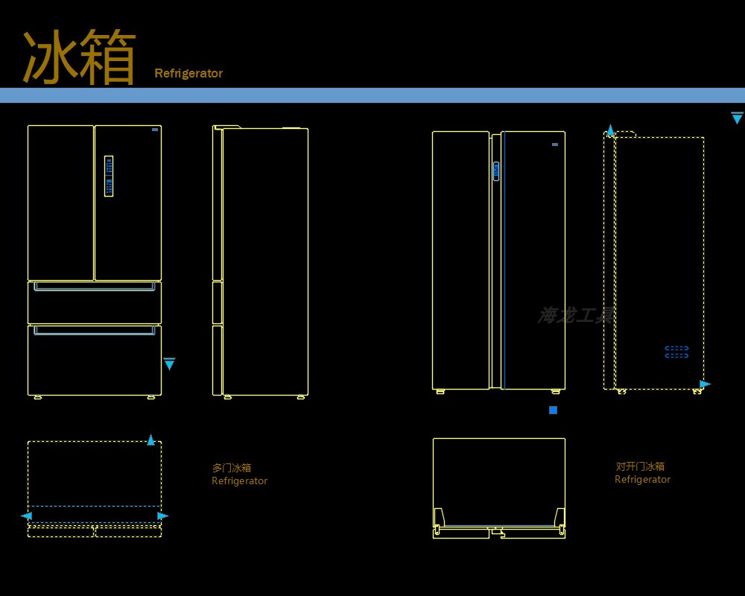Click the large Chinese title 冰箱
point(79,57)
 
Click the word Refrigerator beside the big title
point(188,73)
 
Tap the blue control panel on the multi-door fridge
point(109,176)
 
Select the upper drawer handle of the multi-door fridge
point(94,285)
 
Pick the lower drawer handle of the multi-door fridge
point(94,329)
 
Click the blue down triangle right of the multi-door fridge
point(169,364)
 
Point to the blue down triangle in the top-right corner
point(737,118)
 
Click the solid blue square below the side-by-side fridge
point(553,410)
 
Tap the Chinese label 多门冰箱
point(232,468)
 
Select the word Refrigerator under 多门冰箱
point(239,481)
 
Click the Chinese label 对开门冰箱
point(640,466)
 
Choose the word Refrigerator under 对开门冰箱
point(642,480)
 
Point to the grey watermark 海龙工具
point(575,315)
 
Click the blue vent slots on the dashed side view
point(676,352)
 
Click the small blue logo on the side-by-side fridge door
point(555,145)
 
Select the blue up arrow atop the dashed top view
point(151,440)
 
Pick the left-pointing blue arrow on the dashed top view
point(26,516)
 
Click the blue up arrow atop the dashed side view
point(610,131)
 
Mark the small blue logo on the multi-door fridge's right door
point(154,130)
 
